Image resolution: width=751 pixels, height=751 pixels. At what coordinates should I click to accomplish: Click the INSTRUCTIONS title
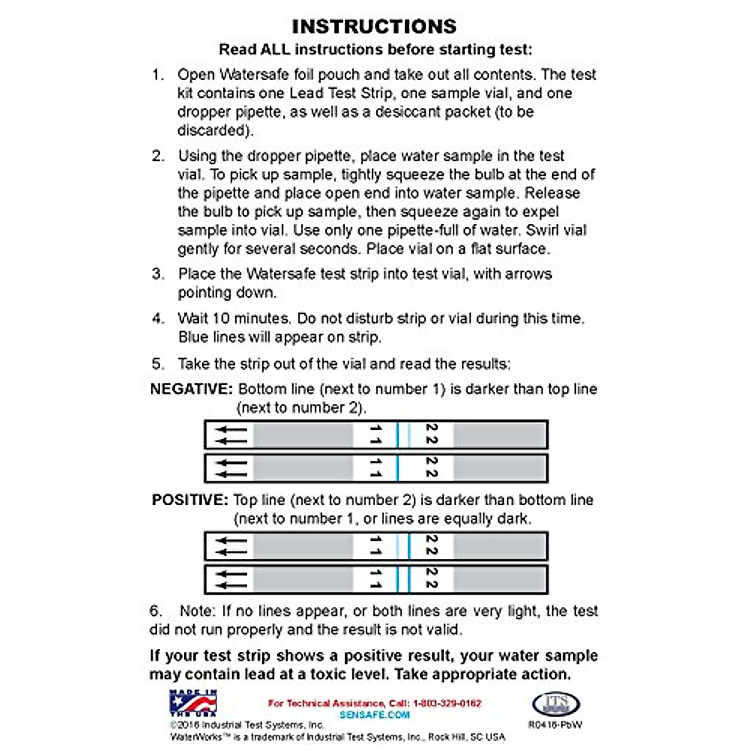click(374, 26)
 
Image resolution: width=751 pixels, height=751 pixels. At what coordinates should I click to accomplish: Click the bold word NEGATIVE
click(192, 389)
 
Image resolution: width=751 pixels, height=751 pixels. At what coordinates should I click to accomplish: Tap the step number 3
click(158, 274)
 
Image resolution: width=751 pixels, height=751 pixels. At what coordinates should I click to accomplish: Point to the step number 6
click(156, 611)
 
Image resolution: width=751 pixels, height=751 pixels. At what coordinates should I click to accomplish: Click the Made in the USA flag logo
click(193, 703)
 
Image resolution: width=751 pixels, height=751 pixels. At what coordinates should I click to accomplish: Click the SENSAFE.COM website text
click(374, 715)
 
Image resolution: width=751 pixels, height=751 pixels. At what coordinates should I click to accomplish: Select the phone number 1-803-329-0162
click(447, 703)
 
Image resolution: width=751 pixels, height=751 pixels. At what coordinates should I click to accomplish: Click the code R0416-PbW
click(555, 725)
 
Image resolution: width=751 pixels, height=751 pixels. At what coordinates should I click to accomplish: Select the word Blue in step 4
click(193, 337)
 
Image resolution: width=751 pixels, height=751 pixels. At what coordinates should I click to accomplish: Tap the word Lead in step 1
click(305, 93)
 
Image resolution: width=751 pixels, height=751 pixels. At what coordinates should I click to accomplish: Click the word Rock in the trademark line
click(439, 737)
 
